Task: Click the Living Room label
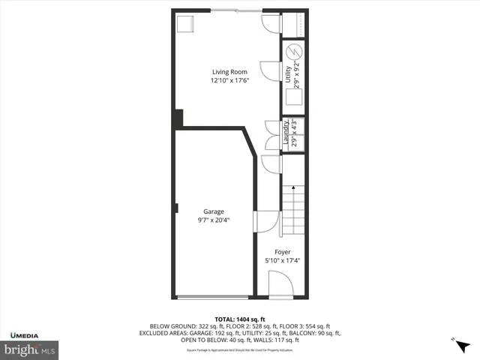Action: [x=229, y=72]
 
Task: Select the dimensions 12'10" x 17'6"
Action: [x=229, y=81]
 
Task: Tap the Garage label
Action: [x=214, y=211]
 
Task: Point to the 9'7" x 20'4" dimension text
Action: [x=214, y=220]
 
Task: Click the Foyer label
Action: [x=282, y=252]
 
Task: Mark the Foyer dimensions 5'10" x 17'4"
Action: [x=282, y=261]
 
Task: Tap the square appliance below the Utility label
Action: [x=292, y=98]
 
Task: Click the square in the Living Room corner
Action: [x=184, y=23]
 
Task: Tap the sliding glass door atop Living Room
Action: [x=235, y=10]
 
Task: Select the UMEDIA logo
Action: [x=27, y=334]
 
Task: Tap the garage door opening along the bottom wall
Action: [x=214, y=298]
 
